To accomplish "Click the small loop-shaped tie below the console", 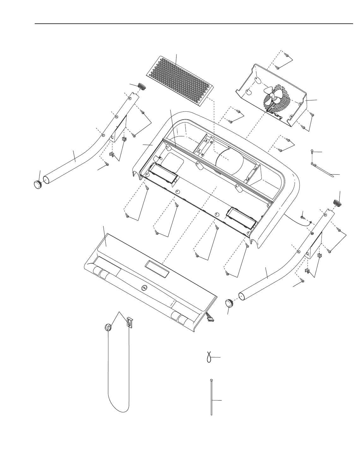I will (208, 357).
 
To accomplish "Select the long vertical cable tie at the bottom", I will (211, 398).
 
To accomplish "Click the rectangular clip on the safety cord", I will (129, 322).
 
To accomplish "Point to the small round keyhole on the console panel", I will (144, 288).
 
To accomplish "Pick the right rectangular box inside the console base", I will (242, 218).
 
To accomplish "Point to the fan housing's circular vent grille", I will (278, 98).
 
